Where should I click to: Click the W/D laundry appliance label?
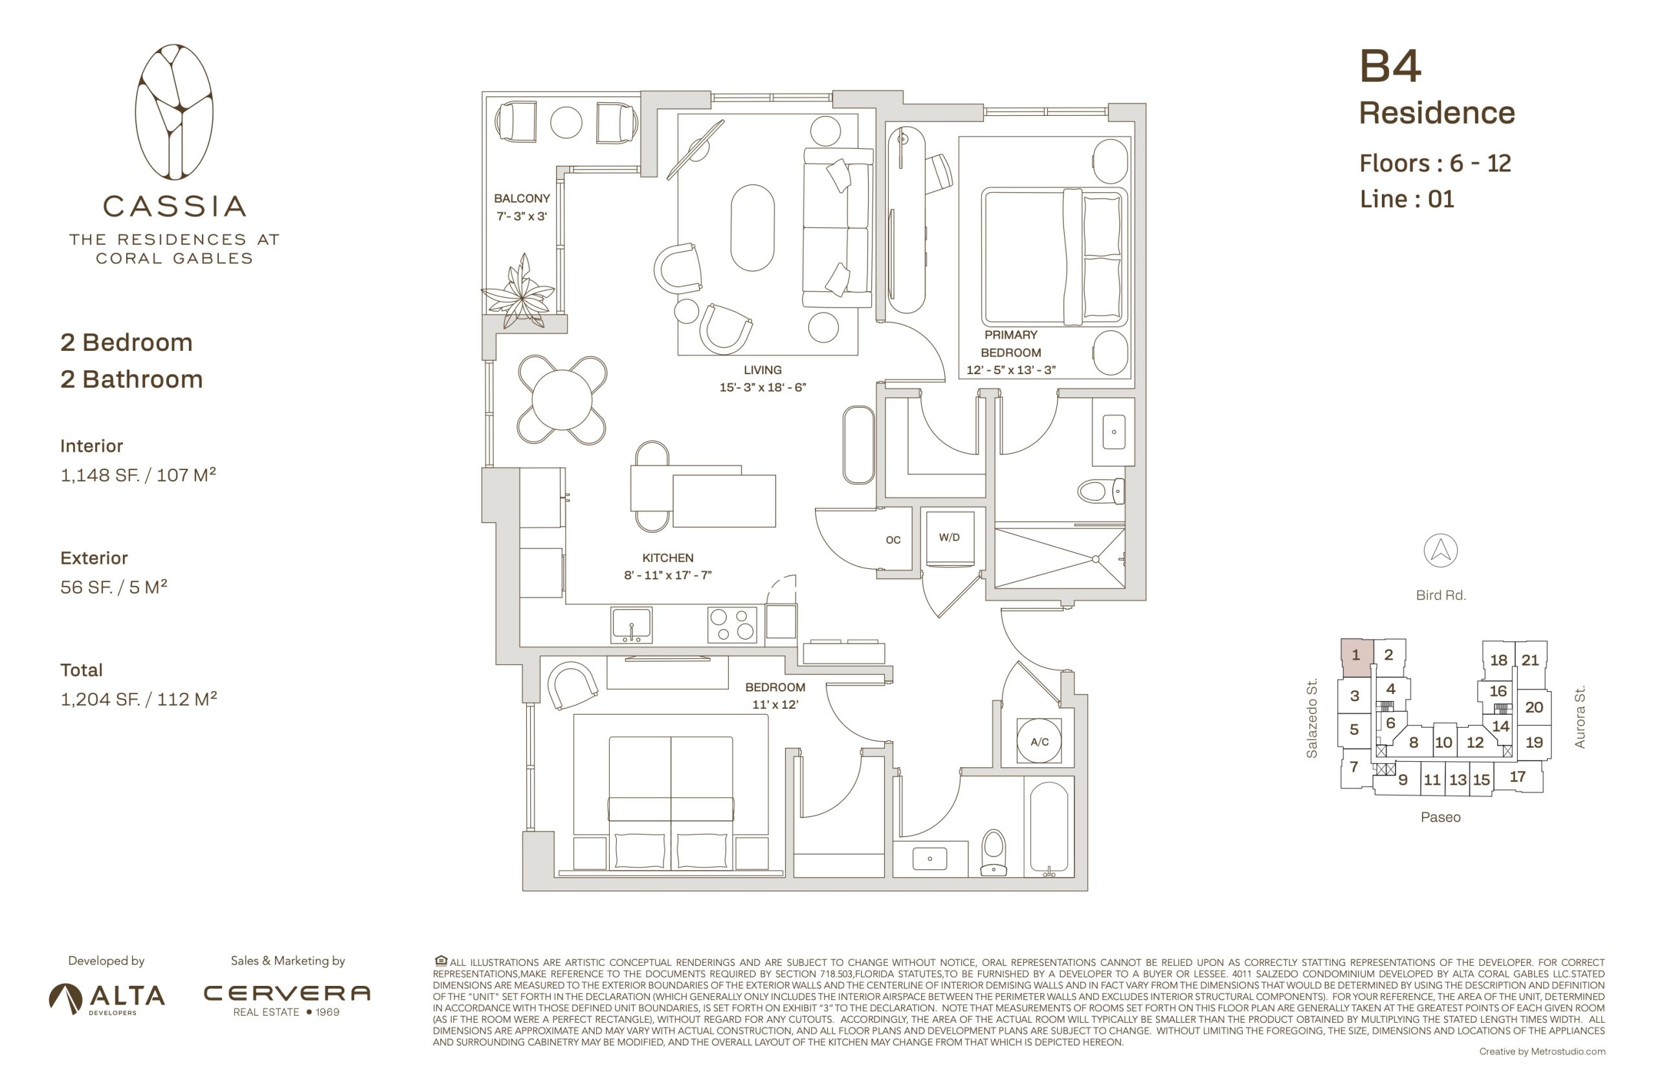coord(948,537)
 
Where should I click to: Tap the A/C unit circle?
coord(1039,741)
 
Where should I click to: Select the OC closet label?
coord(893,540)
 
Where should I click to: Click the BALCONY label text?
coord(522,198)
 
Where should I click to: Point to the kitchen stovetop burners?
coord(731,625)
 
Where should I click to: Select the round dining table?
coord(562,399)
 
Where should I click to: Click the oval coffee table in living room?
coord(752,228)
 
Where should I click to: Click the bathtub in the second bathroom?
coord(1048,825)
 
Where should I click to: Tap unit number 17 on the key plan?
coord(1517,776)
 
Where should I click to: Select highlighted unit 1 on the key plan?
coord(1355,655)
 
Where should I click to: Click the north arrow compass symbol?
coord(1440,551)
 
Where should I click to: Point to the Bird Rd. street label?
coord(1441,595)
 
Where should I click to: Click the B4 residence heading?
coord(1390,67)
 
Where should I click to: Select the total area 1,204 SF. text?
coord(139,699)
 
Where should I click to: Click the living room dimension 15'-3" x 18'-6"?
coord(762,388)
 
